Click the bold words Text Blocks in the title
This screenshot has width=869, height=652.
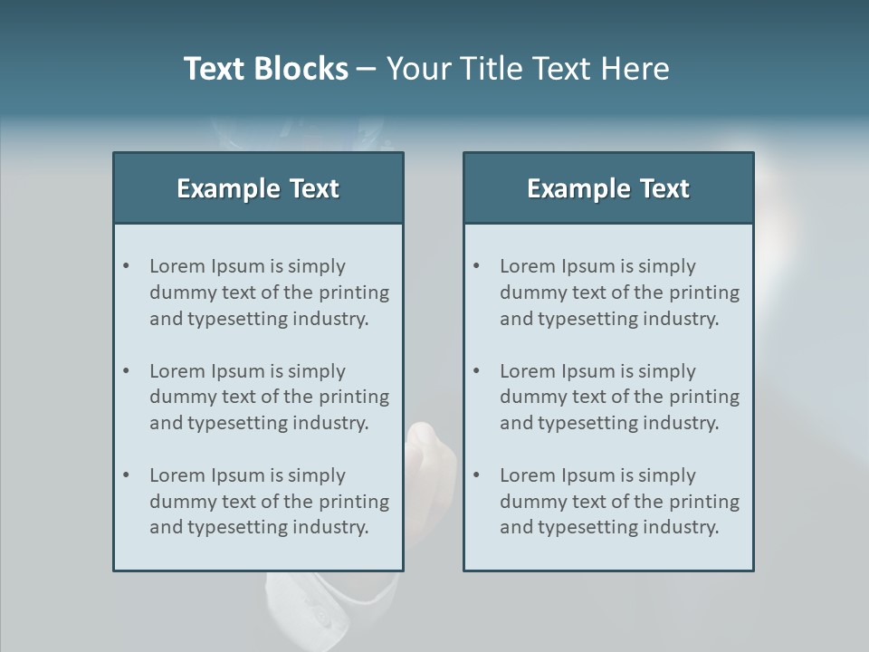(x=265, y=69)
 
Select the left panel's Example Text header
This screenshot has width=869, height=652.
(x=258, y=188)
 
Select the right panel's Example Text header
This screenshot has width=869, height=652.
(x=608, y=188)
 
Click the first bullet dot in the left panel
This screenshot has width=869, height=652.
(x=126, y=266)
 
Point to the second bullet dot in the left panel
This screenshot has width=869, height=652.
(x=126, y=371)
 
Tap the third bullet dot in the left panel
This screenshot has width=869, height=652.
(x=126, y=475)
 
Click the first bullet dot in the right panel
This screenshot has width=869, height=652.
(x=476, y=266)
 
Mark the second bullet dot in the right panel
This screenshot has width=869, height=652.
(x=476, y=371)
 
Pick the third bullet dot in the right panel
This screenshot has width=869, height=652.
(x=476, y=475)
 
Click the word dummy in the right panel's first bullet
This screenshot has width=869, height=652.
(x=530, y=292)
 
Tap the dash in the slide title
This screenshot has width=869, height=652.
(x=367, y=70)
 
